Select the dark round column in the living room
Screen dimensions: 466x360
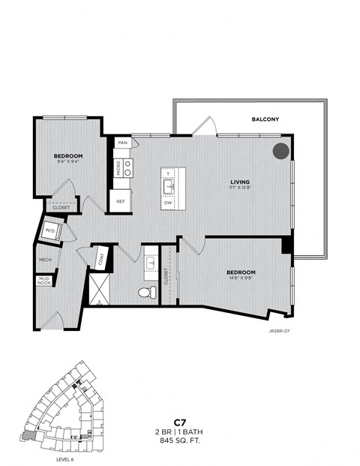(x=280, y=151)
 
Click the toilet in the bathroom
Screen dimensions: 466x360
(x=147, y=292)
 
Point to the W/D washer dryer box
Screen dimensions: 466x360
(x=52, y=230)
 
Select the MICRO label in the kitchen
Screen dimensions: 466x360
(x=118, y=168)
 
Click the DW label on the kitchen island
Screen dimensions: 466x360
(x=168, y=203)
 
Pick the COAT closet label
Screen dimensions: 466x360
(x=100, y=259)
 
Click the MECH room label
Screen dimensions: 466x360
(x=45, y=260)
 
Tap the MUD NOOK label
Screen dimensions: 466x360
(x=44, y=283)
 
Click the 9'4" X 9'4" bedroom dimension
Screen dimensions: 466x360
(x=67, y=161)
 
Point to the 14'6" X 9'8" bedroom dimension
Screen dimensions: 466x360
(x=241, y=278)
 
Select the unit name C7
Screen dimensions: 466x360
(x=179, y=423)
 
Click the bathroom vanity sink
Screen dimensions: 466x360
(x=150, y=263)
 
